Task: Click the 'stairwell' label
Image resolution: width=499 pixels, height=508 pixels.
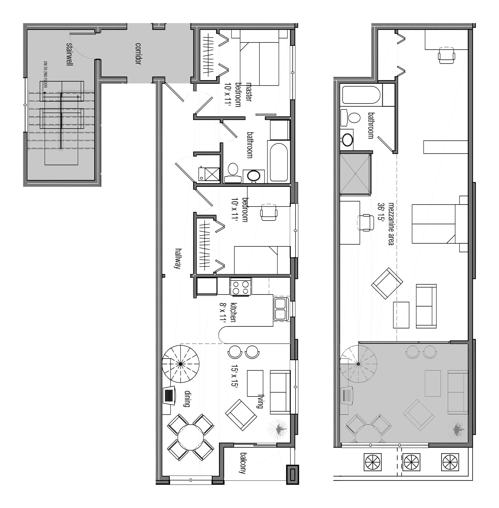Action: [x=69, y=54]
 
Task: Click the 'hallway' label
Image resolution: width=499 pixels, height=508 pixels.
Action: [x=178, y=258]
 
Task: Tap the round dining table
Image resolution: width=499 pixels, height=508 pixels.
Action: [x=190, y=437]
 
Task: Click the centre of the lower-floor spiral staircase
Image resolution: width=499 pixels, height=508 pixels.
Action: [x=181, y=364]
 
